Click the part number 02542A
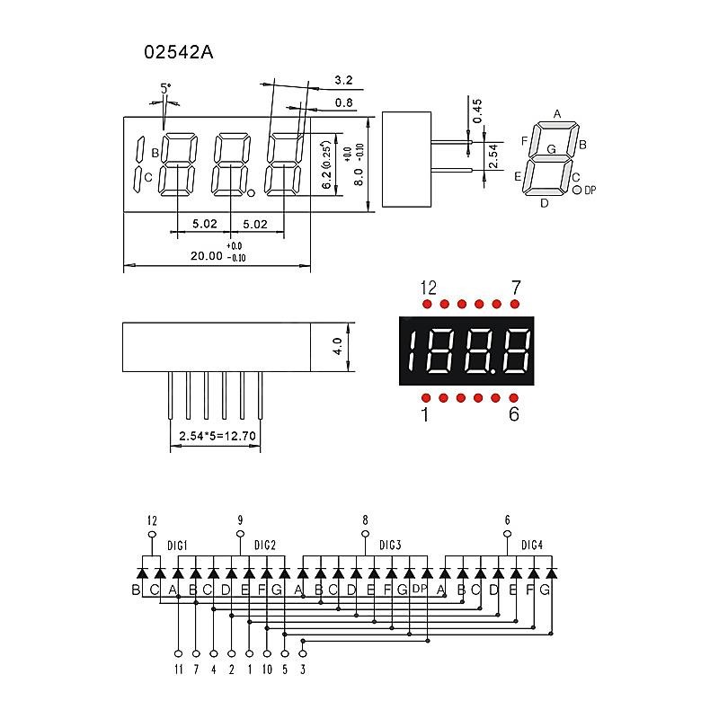coord(179,52)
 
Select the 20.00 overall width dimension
coord(206,256)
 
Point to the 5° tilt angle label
coord(165,88)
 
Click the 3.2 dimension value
coord(342,80)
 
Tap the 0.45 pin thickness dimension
coord(477,110)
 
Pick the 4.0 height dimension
coord(337,346)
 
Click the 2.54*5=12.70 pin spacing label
coord(218,436)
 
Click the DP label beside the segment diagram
coord(590,191)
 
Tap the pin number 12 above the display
coord(428,288)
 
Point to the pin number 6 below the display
coord(513,414)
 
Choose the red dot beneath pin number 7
coord(515,305)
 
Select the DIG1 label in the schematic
coord(177,546)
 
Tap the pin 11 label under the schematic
coord(178,669)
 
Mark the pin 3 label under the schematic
coord(303,669)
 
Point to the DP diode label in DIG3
coord(419,590)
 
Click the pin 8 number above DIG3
coord(365,519)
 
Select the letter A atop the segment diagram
coord(557,114)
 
